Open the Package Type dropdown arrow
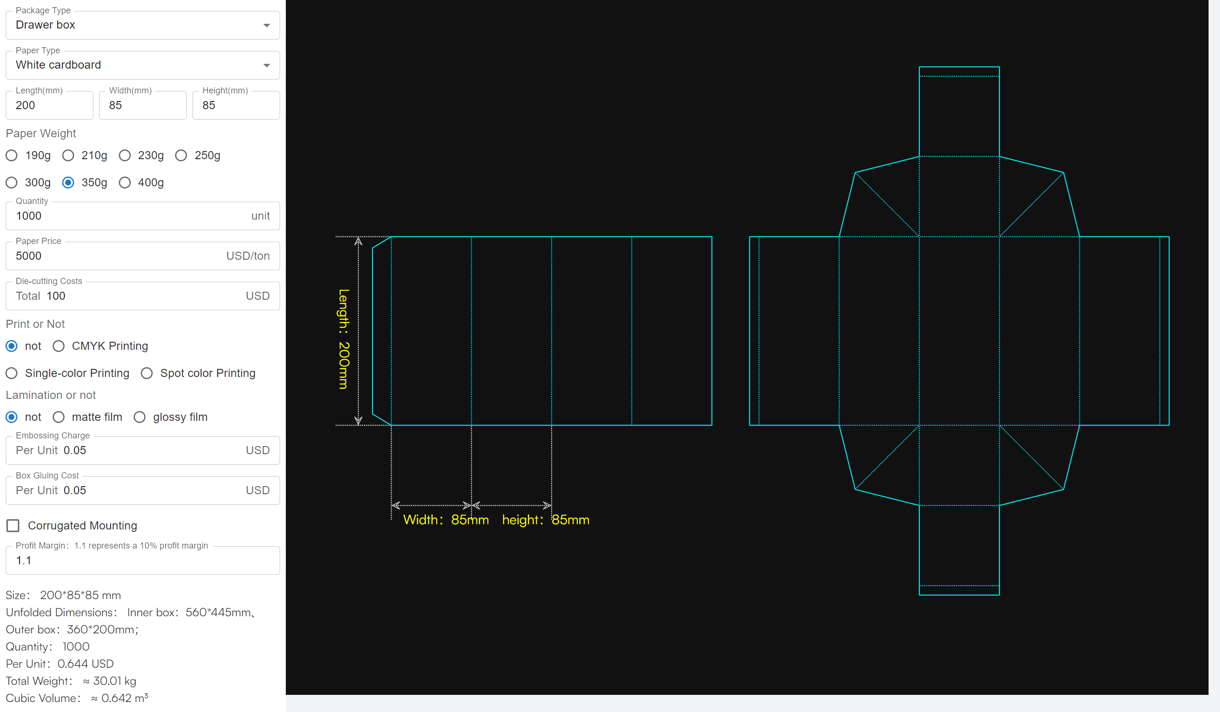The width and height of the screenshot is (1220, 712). tap(266, 25)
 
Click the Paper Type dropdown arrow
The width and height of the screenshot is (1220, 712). tap(266, 65)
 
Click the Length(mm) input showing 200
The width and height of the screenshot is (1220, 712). tap(49, 105)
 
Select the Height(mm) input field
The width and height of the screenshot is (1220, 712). tap(236, 105)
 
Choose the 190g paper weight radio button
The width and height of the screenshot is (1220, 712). tap(11, 155)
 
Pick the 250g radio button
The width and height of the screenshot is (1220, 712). tap(181, 155)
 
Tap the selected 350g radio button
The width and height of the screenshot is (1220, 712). tap(68, 183)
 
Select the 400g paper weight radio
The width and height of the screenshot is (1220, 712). tap(125, 183)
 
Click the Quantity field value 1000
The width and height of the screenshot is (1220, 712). tap(29, 216)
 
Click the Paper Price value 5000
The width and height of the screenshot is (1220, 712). tap(29, 256)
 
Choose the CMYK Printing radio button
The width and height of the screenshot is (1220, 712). tap(59, 346)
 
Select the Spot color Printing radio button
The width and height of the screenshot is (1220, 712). tap(147, 373)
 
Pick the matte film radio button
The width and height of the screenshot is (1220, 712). tap(59, 417)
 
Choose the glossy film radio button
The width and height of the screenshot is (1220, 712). tap(140, 417)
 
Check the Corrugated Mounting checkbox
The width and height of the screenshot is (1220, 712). tap(13, 526)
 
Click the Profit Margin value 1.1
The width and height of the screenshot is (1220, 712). tap(24, 560)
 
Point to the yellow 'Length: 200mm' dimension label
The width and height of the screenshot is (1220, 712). tap(343, 339)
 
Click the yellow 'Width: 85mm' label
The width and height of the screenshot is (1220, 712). tap(446, 520)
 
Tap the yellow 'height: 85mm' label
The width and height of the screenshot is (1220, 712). tap(545, 520)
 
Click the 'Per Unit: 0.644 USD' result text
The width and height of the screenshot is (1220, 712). tap(60, 663)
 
